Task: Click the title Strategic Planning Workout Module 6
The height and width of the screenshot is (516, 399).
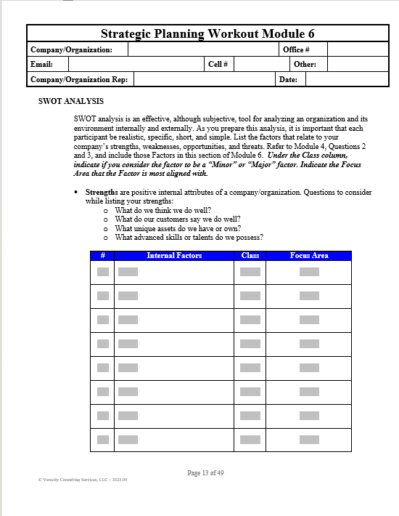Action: [x=207, y=33]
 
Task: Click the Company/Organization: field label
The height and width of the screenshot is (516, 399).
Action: [x=71, y=49]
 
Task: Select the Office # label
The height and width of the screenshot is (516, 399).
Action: [x=296, y=49]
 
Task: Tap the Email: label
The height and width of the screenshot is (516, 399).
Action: [x=42, y=64]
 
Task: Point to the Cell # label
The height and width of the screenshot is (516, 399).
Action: [x=218, y=64]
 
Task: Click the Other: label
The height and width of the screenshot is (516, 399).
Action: [x=305, y=64]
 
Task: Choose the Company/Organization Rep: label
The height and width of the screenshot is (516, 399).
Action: [x=79, y=79]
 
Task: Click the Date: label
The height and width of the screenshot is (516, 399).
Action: [x=288, y=79]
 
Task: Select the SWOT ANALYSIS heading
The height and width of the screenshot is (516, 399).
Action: [x=70, y=101]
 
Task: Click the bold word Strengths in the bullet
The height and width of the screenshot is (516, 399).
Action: [x=102, y=193]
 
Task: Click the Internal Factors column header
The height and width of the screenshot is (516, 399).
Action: [x=174, y=256]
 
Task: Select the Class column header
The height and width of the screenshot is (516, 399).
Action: [x=250, y=256]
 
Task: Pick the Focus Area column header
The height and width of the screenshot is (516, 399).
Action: [x=309, y=256]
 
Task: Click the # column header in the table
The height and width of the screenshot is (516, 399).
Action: [x=102, y=256]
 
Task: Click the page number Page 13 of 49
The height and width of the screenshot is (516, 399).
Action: [x=205, y=473]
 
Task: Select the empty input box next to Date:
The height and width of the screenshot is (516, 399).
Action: [x=347, y=79]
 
